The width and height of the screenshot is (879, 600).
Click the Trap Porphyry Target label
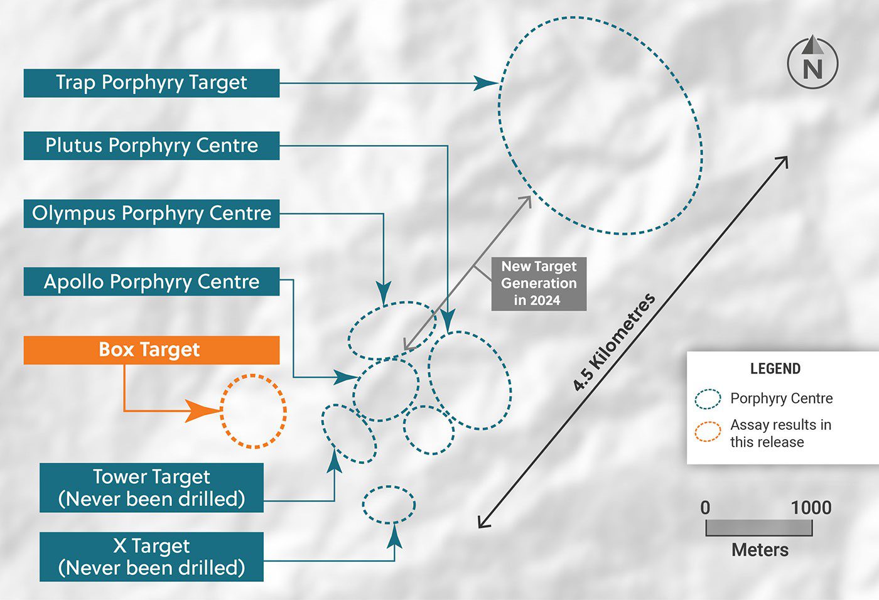tap(151, 83)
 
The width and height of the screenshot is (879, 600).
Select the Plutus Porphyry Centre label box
tap(151, 146)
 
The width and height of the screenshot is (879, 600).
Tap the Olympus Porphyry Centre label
tap(151, 213)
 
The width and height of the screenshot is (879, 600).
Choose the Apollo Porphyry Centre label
tap(151, 282)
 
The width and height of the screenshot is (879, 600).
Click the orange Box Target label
tap(151, 350)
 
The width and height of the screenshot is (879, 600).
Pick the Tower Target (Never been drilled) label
tap(151, 488)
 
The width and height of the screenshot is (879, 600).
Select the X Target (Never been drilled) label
tap(151, 557)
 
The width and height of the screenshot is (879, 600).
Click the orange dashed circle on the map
tap(254, 411)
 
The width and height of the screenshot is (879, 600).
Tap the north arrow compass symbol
tap(812, 62)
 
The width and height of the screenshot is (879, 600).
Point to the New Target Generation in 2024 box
tap(539, 284)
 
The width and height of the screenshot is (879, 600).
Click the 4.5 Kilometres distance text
tap(613, 343)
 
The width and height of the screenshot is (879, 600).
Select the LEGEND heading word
tap(775, 369)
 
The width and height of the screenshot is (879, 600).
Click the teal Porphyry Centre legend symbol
tap(708, 399)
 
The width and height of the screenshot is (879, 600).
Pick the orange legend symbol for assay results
tap(708, 432)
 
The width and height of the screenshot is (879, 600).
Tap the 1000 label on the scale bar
tap(811, 508)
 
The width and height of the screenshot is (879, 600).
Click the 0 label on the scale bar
tap(706, 508)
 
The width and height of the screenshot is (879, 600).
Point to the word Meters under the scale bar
tap(760, 550)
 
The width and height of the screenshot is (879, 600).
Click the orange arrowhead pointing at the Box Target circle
tap(205, 411)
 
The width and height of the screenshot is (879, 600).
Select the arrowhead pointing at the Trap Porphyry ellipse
tap(486, 83)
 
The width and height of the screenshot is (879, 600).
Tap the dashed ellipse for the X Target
tap(389, 505)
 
